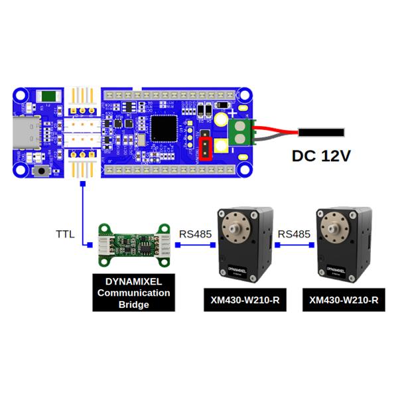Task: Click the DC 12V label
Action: click(x=321, y=157)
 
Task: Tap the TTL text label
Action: click(x=65, y=234)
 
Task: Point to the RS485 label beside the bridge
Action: click(x=195, y=234)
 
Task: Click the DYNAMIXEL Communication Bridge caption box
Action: click(x=133, y=293)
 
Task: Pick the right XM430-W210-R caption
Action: click(x=344, y=300)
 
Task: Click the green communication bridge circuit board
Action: click(x=133, y=243)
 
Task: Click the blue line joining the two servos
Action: click(x=295, y=245)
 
